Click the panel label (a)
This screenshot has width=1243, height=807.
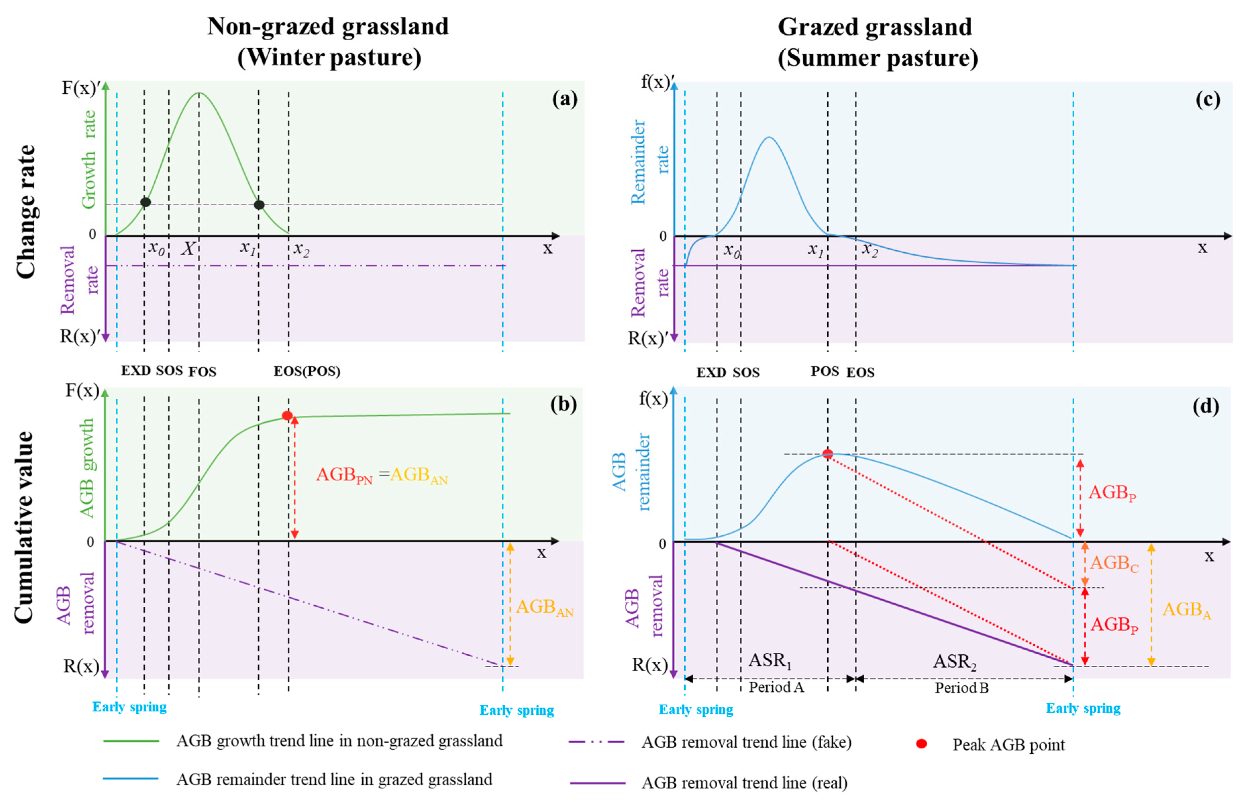tap(565, 99)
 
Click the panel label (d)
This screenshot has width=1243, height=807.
tap(1205, 406)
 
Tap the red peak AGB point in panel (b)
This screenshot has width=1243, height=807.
tap(287, 416)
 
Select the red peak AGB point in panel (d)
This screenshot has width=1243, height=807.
tap(827, 454)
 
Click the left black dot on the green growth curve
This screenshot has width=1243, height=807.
tap(146, 202)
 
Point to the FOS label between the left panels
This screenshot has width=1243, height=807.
tap(202, 372)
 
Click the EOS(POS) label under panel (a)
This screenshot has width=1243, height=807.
tap(307, 371)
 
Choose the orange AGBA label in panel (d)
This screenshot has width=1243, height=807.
tap(1186, 610)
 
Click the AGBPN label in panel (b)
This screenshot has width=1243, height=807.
tap(344, 475)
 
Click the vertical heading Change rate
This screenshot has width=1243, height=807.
tap(25, 211)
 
